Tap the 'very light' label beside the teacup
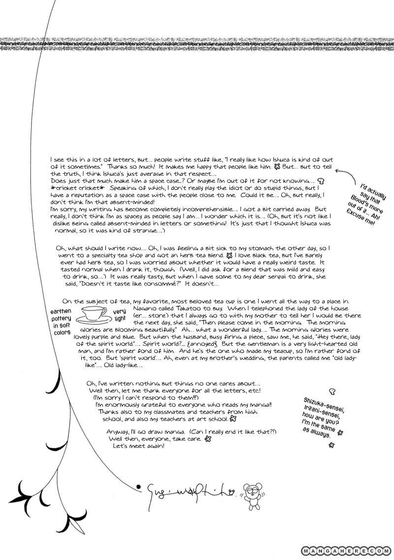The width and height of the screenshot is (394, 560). tap(120, 315)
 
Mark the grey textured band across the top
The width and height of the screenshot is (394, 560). tap(197, 43)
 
